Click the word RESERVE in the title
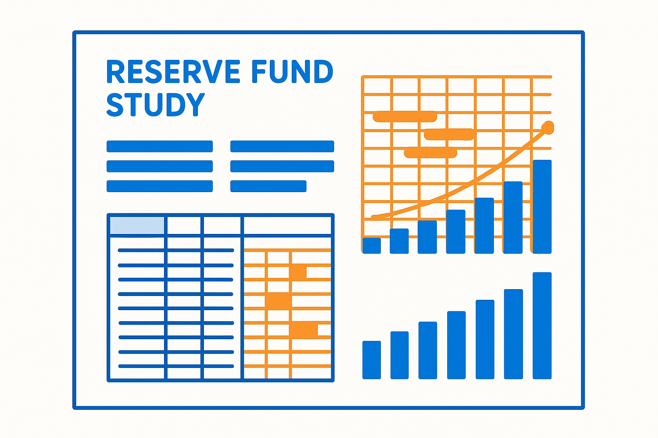click(x=173, y=71)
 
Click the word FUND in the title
click(x=292, y=71)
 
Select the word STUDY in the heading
click(x=156, y=105)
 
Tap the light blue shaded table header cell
click(x=137, y=225)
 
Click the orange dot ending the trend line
click(x=548, y=127)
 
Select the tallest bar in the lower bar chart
click(x=542, y=326)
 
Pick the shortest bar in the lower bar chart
click(x=371, y=360)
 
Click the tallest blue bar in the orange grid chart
click(x=542, y=207)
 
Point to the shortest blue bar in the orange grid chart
click(x=371, y=246)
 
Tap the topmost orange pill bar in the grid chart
click(x=405, y=116)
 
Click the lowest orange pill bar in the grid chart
click(x=431, y=153)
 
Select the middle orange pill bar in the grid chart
click(x=449, y=134)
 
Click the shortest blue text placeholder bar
click(x=268, y=186)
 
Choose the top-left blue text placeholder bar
click(x=159, y=146)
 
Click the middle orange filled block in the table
click(x=278, y=301)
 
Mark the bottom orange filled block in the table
click(x=304, y=330)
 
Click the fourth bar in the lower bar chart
click(x=456, y=345)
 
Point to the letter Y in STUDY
click(x=194, y=105)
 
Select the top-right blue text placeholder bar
click(x=282, y=146)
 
